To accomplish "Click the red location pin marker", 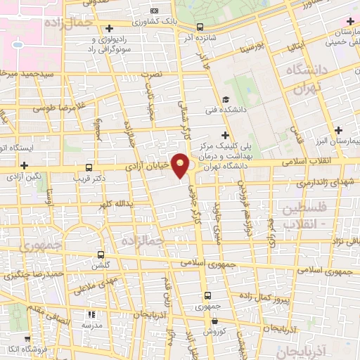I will click(x=181, y=166).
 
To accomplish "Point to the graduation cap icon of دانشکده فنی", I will click(x=225, y=99).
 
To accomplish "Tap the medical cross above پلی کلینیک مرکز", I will click(x=225, y=134).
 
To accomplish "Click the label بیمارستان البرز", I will click(x=333, y=141).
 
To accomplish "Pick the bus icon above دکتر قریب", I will click(x=89, y=168).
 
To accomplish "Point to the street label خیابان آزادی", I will click(x=148, y=167).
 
